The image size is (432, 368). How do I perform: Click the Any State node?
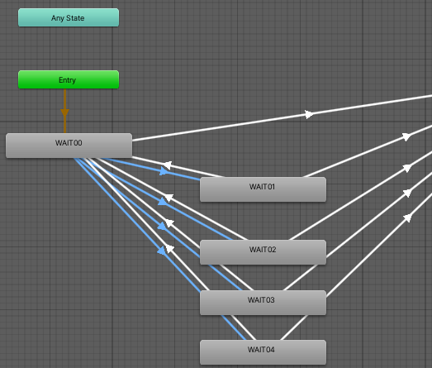click(69, 17)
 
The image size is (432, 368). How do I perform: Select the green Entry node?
click(69, 79)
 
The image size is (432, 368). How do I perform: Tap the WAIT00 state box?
click(69, 146)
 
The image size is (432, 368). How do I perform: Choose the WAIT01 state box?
click(263, 189)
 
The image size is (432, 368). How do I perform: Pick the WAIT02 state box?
click(263, 252)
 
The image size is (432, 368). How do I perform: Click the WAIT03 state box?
click(263, 303)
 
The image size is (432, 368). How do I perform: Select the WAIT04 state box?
click(263, 352)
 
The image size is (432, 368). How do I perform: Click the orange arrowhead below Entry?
click(64, 112)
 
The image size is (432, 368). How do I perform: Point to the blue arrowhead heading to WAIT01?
click(164, 171)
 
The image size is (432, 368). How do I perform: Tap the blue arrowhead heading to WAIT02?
click(163, 202)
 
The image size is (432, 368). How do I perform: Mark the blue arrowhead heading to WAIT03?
click(162, 227)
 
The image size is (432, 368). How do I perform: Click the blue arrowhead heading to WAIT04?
click(162, 251)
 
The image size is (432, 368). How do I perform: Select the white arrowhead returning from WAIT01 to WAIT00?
click(167, 165)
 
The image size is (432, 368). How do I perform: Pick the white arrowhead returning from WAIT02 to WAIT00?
click(169, 198)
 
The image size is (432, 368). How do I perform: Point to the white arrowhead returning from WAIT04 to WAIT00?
click(169, 249)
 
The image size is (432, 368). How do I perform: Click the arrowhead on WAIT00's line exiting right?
click(309, 114)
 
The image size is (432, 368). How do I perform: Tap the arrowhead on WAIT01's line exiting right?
click(406, 136)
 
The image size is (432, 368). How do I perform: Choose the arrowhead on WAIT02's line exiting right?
click(407, 168)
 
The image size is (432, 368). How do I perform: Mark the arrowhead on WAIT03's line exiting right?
click(407, 193)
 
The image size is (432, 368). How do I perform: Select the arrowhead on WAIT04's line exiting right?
click(407, 218)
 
